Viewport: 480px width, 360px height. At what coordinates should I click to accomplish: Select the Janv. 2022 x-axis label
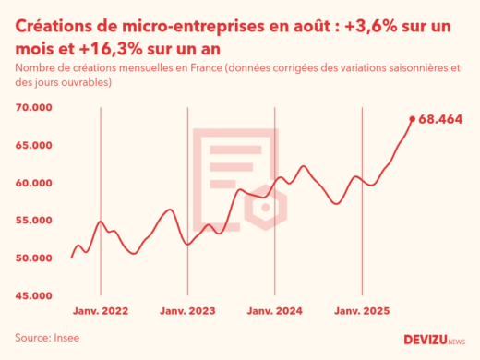[100, 311]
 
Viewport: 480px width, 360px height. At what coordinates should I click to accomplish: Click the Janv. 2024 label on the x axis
[275, 311]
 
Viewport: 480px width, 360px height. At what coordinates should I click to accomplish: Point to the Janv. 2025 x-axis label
[362, 311]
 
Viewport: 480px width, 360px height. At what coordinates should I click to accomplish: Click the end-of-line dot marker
[413, 118]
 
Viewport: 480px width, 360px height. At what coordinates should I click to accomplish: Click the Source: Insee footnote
[47, 338]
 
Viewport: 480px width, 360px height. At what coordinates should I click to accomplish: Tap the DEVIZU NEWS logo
[435, 339]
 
